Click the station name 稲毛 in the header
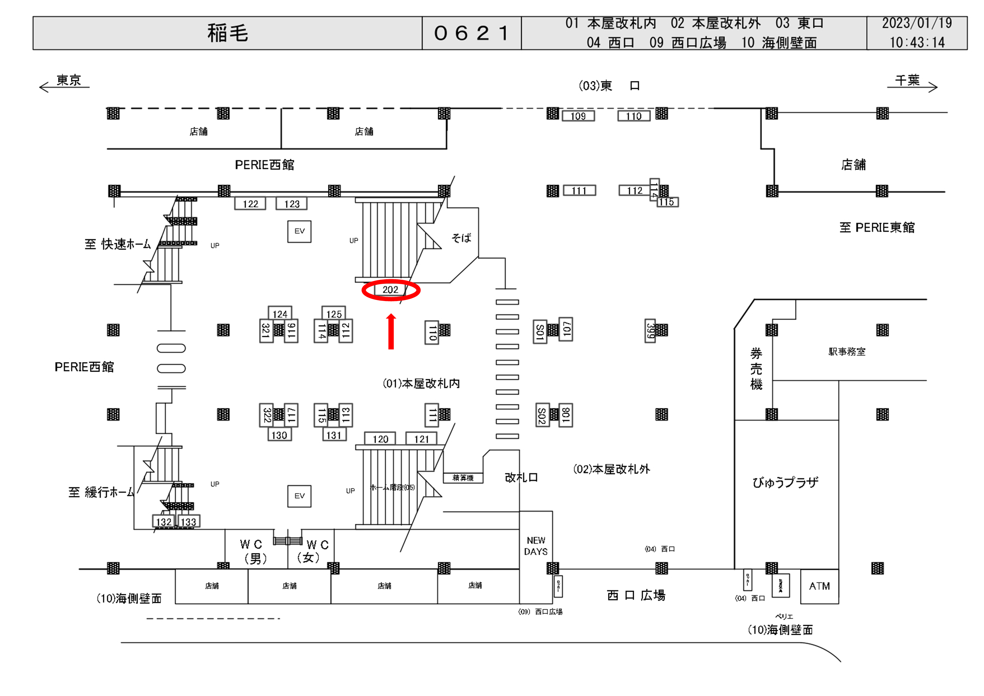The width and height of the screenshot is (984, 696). pyautogui.click(x=227, y=33)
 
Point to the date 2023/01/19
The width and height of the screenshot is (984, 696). pyautogui.click(x=916, y=23)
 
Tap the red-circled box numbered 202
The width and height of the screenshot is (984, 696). pyautogui.click(x=390, y=290)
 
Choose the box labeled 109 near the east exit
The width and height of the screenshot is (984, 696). pyautogui.click(x=578, y=116)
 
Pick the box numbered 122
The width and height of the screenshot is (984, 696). pyautogui.click(x=250, y=204)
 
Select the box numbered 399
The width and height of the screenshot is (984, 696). pyautogui.click(x=650, y=330)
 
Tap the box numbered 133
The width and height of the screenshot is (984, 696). pyautogui.click(x=188, y=521)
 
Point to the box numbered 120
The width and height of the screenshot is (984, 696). pyautogui.click(x=380, y=439)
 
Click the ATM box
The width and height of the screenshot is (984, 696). pyautogui.click(x=819, y=586)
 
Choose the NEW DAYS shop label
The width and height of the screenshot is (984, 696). pyautogui.click(x=536, y=545)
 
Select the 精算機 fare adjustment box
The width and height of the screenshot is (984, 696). pyautogui.click(x=463, y=478)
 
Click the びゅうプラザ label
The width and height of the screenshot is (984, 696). pyautogui.click(x=785, y=482)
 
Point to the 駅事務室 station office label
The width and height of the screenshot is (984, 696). pyautogui.click(x=846, y=352)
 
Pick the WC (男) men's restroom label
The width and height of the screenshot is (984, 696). pyautogui.click(x=253, y=551)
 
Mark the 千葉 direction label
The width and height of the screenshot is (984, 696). pyautogui.click(x=907, y=80)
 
